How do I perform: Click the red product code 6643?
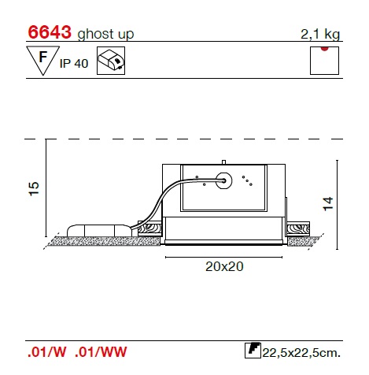pos(50,32)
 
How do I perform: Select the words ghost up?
pos(105,34)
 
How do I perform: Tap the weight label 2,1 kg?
pos(320,34)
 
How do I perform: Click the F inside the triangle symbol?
pos(43,57)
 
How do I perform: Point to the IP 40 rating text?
pos(74,64)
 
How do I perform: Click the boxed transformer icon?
pos(111,61)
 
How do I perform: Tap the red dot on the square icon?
pos(324,49)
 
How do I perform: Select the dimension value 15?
pos(34,188)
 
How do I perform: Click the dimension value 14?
pos(328,203)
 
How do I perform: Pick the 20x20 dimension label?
pos(224,266)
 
